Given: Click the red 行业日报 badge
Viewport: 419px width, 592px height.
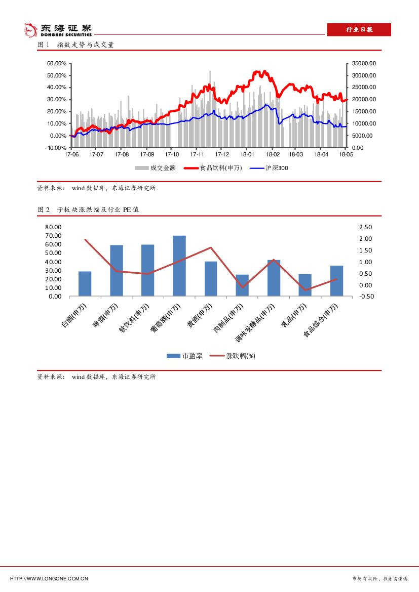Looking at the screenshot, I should point(359,30).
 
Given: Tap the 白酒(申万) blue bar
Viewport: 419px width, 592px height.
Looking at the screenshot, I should point(85,283).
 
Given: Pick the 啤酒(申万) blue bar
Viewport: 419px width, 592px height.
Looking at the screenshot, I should point(117,270).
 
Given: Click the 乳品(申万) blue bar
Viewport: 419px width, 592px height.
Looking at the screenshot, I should point(305,285).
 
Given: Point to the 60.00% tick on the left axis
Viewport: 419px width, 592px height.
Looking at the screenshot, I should point(57,63).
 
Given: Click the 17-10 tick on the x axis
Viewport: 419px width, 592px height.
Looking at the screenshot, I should point(172,154).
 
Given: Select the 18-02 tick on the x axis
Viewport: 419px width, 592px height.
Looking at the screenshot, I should point(273,154).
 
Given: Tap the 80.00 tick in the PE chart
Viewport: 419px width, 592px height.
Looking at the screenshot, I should point(53,227).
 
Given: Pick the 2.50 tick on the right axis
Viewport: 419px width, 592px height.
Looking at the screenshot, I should point(366,227).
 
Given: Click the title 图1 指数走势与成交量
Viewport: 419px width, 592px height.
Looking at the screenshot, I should point(76,45).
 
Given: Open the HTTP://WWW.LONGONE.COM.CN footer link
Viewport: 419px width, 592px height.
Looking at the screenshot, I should point(49,578).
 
